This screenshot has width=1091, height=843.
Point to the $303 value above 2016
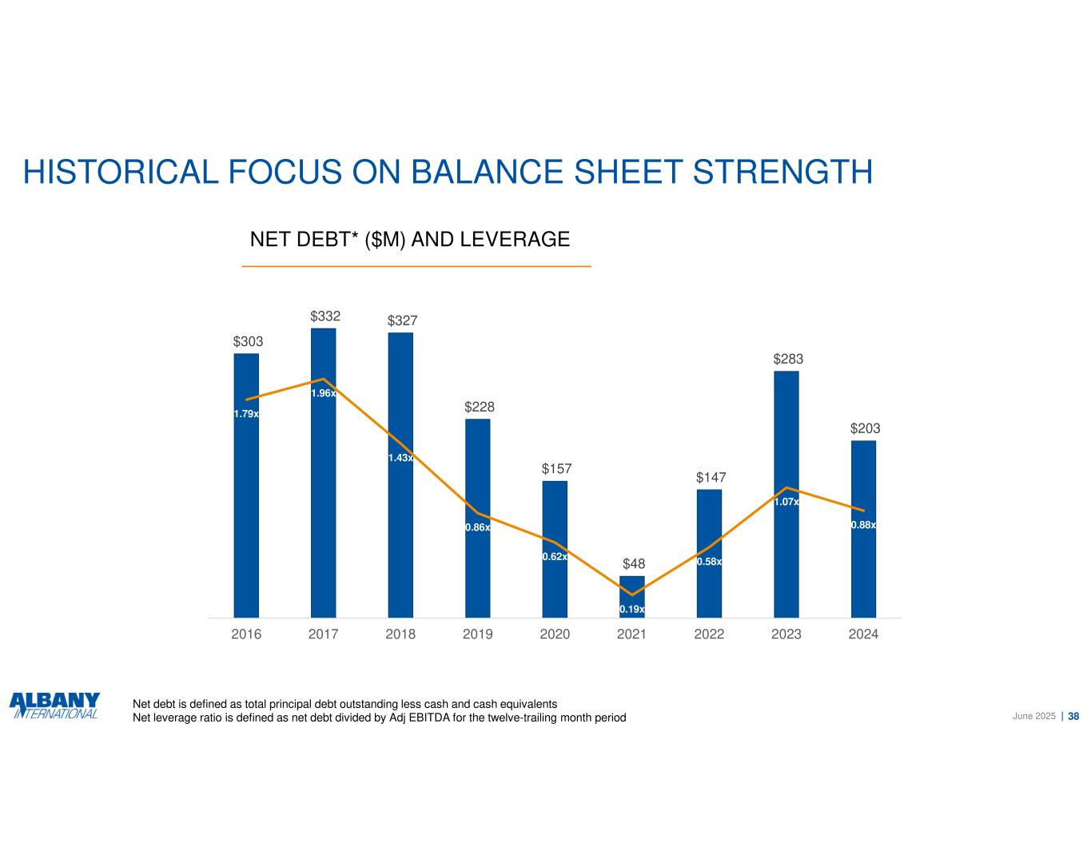click(x=248, y=342)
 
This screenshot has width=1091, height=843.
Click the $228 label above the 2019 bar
click(x=480, y=408)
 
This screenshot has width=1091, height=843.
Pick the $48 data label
click(x=634, y=564)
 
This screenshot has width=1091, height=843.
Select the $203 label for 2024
click(x=865, y=429)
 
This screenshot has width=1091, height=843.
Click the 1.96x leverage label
click(x=324, y=393)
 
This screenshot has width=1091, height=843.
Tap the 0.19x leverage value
click(x=632, y=610)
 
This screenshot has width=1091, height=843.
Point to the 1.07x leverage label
click(x=786, y=502)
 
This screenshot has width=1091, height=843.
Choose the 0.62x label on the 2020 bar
click(x=555, y=556)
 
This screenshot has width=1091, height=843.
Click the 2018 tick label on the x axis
click(x=400, y=634)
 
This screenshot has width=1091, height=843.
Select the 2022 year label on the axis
click(x=709, y=634)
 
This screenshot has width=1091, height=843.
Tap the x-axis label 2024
click(x=863, y=634)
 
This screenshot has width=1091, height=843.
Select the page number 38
click(x=1073, y=716)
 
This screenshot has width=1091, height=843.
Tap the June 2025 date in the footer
click(x=1033, y=716)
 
